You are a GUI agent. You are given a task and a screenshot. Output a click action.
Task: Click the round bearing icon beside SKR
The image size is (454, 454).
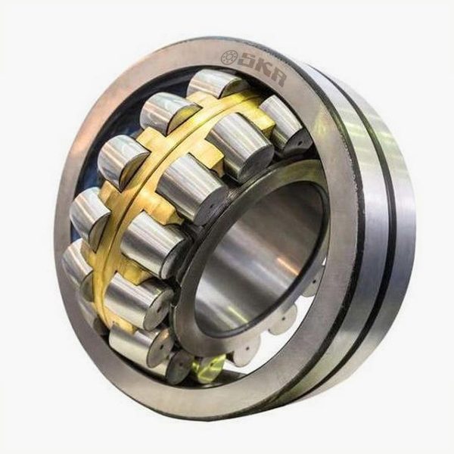pos(229,58)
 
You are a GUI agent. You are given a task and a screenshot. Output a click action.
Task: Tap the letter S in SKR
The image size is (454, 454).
pos(247,63)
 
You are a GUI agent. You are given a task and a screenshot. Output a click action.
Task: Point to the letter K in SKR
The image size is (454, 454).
pos(264,70)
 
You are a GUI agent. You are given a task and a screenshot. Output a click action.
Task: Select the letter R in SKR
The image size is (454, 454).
pos(277,79)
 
